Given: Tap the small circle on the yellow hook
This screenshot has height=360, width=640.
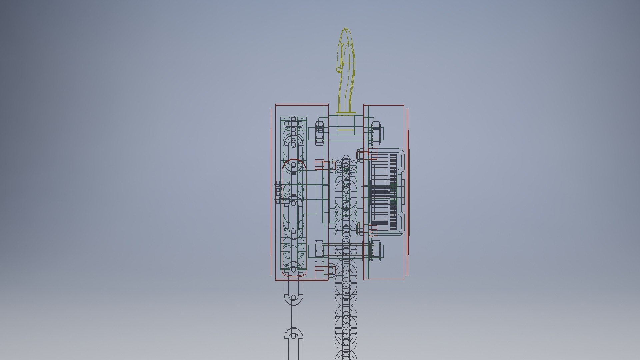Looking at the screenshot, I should click(339, 70).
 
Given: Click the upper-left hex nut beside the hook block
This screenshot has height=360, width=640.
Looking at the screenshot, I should click(319, 133).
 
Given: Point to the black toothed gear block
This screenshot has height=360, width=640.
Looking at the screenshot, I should click(383, 192).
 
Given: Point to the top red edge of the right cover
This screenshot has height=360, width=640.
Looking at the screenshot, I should click(383, 105).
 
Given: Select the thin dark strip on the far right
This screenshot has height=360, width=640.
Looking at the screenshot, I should click(409, 192).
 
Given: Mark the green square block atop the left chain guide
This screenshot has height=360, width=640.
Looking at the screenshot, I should click(294, 123).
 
